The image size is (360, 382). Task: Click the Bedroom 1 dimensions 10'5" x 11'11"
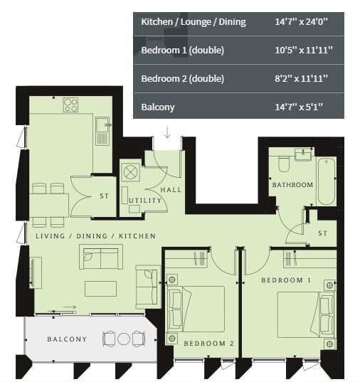click(304, 51)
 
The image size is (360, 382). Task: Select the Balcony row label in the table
click(158, 107)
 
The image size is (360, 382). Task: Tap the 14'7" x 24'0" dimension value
click(301, 21)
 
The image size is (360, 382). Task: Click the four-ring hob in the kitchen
click(70, 105)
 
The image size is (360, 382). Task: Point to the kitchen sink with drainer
click(102, 132)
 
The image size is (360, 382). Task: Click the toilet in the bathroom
click(283, 164)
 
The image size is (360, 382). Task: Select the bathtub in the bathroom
click(327, 181)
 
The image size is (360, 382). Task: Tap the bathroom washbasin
click(303, 154)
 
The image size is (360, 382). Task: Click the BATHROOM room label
click(292, 185)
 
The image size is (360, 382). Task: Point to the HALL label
click(171, 189)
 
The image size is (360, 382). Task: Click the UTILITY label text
click(145, 201)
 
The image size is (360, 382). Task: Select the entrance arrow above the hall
click(167, 132)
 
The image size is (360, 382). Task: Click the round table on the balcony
click(124, 339)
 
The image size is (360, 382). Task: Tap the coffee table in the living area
click(100, 289)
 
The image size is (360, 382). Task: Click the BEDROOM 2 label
click(208, 344)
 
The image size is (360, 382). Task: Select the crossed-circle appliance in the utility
click(131, 171)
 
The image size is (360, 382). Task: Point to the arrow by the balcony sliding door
click(70, 307)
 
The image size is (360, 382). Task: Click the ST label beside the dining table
click(104, 196)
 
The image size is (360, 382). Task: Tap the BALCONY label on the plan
click(67, 339)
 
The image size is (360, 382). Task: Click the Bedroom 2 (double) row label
click(183, 79)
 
